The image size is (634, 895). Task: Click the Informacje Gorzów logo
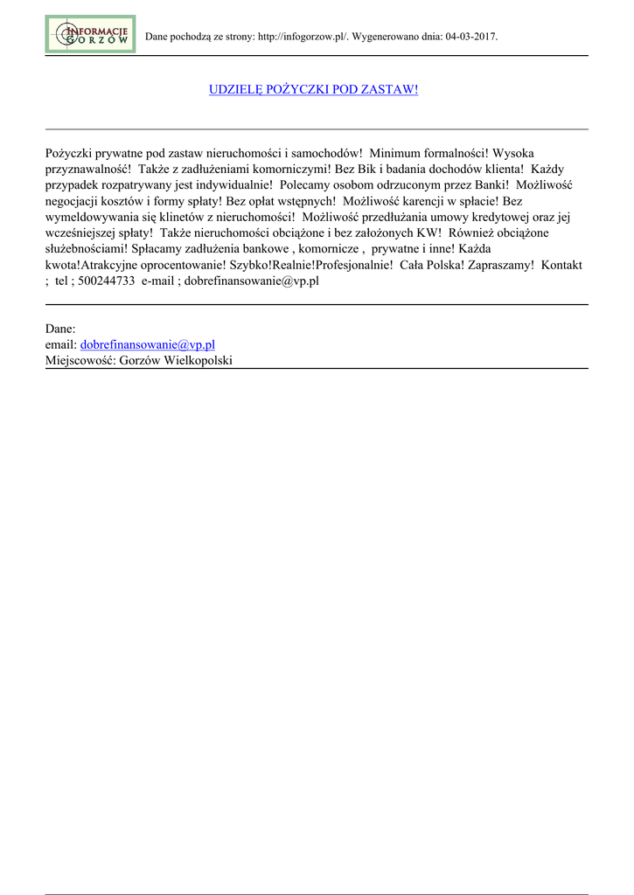click(90, 34)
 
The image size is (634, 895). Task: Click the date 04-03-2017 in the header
click(470, 38)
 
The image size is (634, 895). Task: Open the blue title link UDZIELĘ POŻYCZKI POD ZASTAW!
click(313, 90)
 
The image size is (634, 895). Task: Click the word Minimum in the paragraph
click(397, 153)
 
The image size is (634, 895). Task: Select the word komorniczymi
click(282, 170)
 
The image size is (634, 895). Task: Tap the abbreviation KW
click(435, 233)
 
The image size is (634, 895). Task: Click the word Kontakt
click(561, 265)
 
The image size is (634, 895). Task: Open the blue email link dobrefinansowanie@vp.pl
click(148, 345)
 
